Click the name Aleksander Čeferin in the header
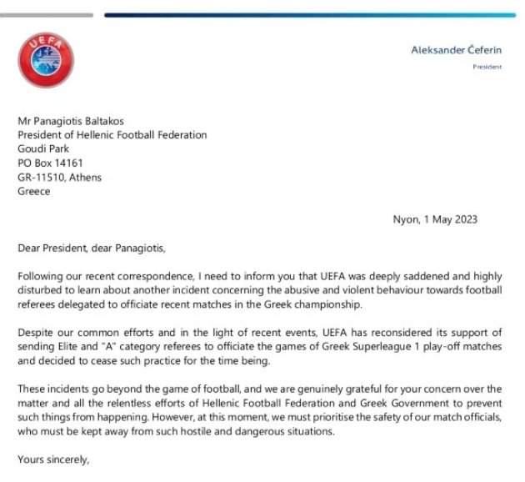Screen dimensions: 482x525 pos(456,50)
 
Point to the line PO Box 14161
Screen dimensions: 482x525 pos(50,163)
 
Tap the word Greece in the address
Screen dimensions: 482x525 pos(34,191)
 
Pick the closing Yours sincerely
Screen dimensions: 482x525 pos(52,459)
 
